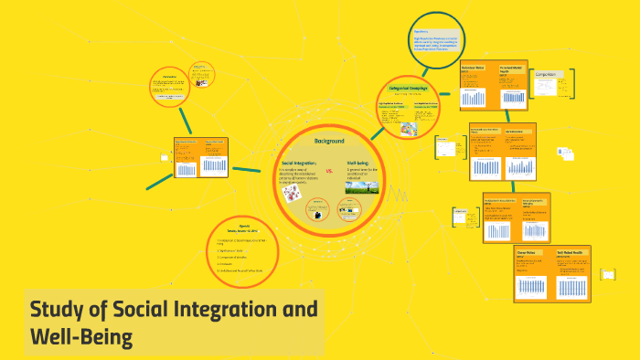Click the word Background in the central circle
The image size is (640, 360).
coord(328,142)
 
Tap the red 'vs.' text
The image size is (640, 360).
coord(329,171)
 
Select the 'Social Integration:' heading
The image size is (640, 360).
coord(299,163)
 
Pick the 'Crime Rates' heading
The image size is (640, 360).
coord(528,250)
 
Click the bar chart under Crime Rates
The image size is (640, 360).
coord(533,287)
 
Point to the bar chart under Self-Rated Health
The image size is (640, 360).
coord(577,287)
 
